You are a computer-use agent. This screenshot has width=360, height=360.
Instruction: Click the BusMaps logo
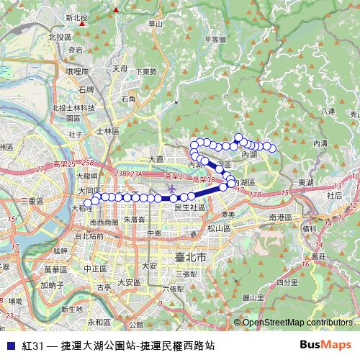tap(325, 345)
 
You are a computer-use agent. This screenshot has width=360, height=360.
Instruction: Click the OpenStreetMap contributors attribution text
tap(296, 323)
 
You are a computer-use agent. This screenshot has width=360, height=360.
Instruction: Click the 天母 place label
tap(120, 69)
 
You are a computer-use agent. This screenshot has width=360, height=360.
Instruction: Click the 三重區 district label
tap(33, 200)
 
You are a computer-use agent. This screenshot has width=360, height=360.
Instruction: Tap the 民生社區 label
tap(191, 207)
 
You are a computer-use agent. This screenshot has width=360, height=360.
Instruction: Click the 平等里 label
tap(215, 40)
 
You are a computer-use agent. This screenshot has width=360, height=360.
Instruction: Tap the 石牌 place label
tap(86, 89)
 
